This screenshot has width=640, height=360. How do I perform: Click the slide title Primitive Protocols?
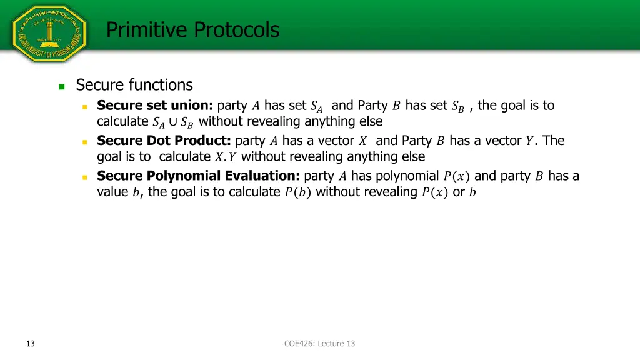[x=192, y=29]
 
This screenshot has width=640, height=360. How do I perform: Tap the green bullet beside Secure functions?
[x=62, y=87]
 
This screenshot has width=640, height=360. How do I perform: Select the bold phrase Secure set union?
[x=155, y=105]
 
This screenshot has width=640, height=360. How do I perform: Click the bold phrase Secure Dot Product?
[x=164, y=141]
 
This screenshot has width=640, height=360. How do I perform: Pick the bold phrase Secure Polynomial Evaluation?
[x=198, y=176]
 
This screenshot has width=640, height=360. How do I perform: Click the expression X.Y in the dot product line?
[x=226, y=157]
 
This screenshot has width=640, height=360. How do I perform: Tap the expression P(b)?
[x=297, y=192]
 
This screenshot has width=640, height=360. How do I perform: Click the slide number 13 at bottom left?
[x=30, y=343]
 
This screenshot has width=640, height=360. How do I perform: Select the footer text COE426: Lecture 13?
[x=319, y=343]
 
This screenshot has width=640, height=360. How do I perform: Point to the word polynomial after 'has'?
[x=407, y=176]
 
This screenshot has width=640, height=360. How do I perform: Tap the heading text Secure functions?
[x=134, y=84]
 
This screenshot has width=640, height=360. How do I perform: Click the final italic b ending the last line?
[x=472, y=192]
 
